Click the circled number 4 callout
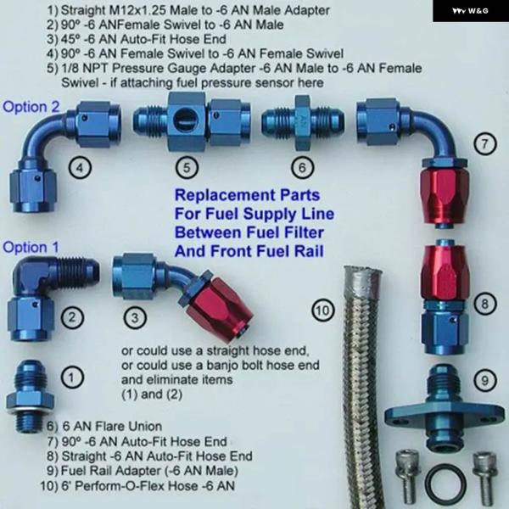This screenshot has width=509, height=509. pyautogui.click(x=80, y=167)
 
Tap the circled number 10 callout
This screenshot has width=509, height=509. pyautogui.click(x=322, y=310)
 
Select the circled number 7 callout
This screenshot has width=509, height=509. pyautogui.click(x=484, y=143)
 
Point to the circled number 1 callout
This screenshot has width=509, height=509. pyautogui.click(x=72, y=378)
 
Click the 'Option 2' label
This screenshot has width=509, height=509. pyautogui.click(x=31, y=107)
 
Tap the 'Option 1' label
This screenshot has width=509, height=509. pyautogui.click(x=31, y=248)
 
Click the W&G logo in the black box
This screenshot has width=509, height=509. pyautogui.click(x=470, y=11)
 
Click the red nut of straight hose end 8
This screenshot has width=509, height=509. pyautogui.click(x=444, y=272)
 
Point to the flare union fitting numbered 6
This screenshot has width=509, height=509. pyautogui.click(x=303, y=123)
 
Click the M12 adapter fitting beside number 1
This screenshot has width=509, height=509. pyautogui.click(x=30, y=397)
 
